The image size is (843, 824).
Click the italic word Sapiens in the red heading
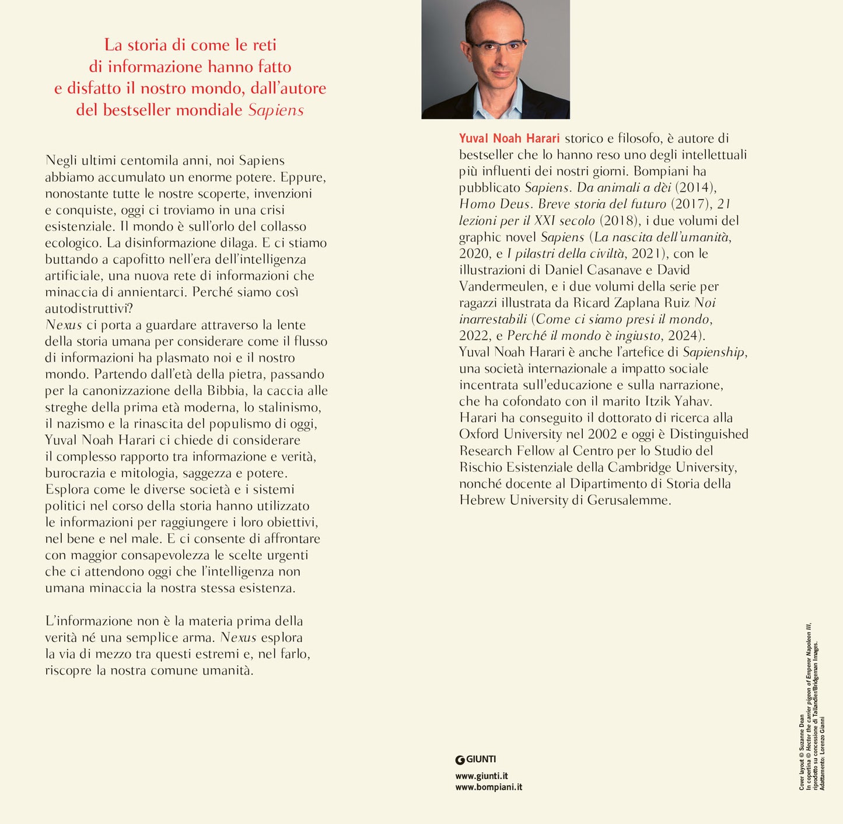pos(276,110)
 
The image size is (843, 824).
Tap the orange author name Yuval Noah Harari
pos(509,138)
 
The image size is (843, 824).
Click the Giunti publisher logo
pos(475,759)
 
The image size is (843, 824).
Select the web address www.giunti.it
pos(481,776)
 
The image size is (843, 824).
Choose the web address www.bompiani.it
pos(488,787)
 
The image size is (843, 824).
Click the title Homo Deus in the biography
pos(495,204)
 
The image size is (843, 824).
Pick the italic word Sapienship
pos(714,352)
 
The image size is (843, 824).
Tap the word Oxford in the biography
pos(479,434)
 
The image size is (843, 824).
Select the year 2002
pos(602,434)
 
